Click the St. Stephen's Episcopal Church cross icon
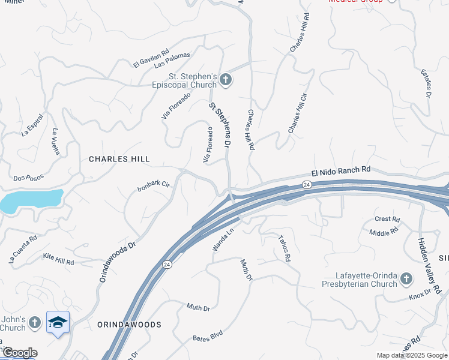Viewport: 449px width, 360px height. [x=225, y=79]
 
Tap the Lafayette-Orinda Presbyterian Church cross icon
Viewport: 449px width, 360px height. [x=406, y=278]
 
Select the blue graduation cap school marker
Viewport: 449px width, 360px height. [x=58, y=323]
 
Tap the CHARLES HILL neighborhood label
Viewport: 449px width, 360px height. [x=119, y=159]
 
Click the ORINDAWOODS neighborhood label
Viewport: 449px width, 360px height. [x=129, y=325]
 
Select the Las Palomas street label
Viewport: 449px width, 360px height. [x=172, y=59]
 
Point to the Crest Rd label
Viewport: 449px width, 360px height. [x=387, y=220]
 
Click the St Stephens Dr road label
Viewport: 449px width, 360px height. [x=220, y=125]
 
